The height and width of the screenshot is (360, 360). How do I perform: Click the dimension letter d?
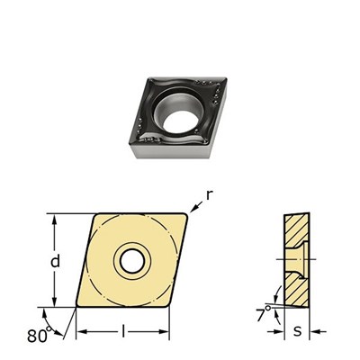click(x=56, y=261)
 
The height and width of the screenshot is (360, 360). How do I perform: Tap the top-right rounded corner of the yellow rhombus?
click(x=186, y=216)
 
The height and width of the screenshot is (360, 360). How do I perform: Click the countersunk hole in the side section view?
click(x=296, y=261)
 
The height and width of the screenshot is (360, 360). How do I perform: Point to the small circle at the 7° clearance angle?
click(x=271, y=303)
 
